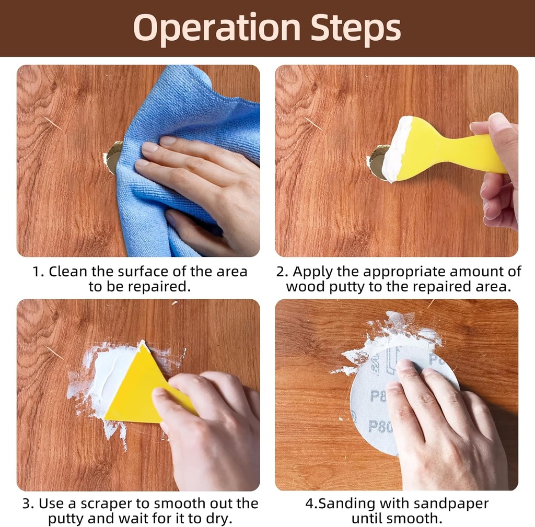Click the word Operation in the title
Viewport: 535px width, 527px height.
pyautogui.click(x=217, y=28)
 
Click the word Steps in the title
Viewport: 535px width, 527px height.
pyautogui.click(x=355, y=28)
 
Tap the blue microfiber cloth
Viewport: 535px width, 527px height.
pyautogui.click(x=191, y=136)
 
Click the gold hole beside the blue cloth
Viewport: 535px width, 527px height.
pyautogui.click(x=113, y=158)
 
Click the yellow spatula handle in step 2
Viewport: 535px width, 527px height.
pyautogui.click(x=478, y=150)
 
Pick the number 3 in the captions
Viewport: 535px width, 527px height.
pyautogui.click(x=27, y=504)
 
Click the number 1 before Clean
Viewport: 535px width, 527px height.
pyautogui.click(x=37, y=272)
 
